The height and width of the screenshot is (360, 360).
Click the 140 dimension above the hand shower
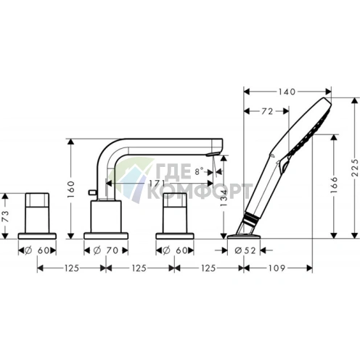pyautogui.click(x=287, y=91)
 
